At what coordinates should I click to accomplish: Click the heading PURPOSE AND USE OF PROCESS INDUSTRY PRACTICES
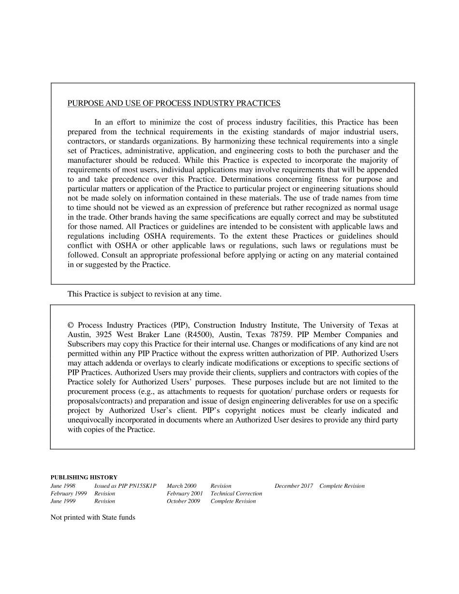coord(173,103)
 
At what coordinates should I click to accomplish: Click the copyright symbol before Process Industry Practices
coord(71,325)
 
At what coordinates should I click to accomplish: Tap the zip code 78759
coord(281,335)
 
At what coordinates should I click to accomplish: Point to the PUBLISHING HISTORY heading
coord(84,477)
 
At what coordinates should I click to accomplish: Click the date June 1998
coord(63,486)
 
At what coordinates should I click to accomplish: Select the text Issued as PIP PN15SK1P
coord(125,486)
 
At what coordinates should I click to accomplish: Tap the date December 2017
coord(294,486)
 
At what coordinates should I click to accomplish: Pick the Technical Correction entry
coord(236,494)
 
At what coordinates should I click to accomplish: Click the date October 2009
coord(183,501)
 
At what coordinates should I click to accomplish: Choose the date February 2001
coord(185,494)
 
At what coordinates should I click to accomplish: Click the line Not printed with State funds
coord(93,518)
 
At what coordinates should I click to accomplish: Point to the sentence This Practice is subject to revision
coord(144,294)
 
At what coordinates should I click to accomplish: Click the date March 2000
coord(182,486)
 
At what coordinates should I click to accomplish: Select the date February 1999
coord(69,494)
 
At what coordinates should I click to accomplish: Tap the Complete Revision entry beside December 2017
coord(342,486)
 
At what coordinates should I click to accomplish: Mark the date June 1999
coord(63,501)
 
